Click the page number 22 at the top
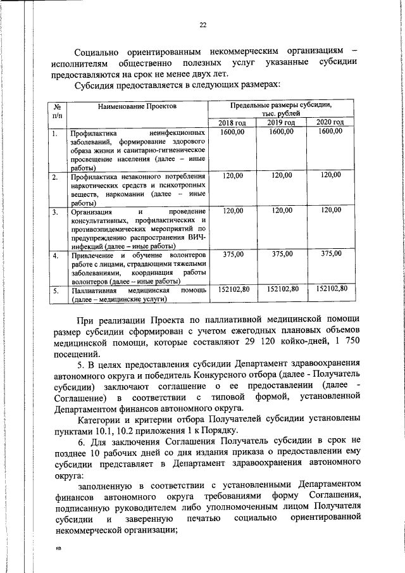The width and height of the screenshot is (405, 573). pos(202,25)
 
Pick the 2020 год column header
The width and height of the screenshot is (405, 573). pos(330,122)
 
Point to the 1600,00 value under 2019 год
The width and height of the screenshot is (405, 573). pos(281,131)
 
